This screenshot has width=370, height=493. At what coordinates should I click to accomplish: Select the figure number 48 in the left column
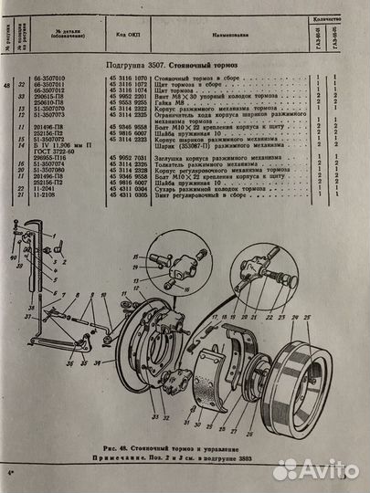click(9, 86)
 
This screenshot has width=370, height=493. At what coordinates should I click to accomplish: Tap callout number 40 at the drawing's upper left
click(14, 257)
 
